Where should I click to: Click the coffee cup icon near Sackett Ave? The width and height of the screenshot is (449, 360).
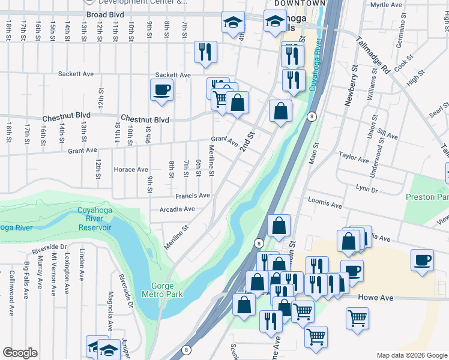pos(161,90)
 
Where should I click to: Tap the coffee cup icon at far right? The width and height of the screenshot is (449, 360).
pos(422,260)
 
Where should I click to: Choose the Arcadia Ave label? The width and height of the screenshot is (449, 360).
pos(177,209)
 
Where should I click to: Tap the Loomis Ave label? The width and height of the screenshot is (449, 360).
pos(324,202)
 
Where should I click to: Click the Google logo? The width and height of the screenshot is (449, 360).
pos(20,353)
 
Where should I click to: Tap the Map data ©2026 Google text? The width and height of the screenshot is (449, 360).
pos(412,355)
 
